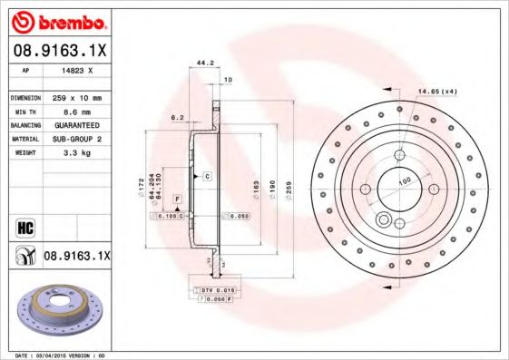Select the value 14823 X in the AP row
76,68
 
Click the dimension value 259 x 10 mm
75,97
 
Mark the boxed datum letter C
207,174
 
